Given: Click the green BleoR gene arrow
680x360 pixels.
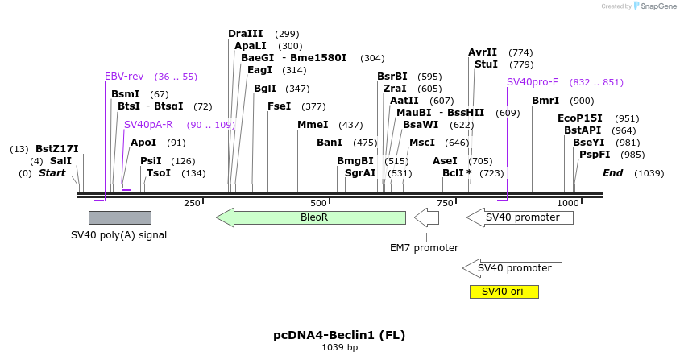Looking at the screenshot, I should click(x=311, y=217).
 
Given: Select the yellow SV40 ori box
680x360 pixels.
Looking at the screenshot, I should click(x=504, y=292).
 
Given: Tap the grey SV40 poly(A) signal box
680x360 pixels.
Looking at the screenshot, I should click(x=119, y=217).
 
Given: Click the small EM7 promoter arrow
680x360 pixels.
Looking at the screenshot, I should click(x=426, y=217).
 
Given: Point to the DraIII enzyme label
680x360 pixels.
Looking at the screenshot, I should click(x=245, y=34).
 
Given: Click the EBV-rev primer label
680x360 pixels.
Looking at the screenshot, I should click(x=124, y=77).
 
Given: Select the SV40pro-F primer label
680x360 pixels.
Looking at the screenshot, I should click(x=533, y=82).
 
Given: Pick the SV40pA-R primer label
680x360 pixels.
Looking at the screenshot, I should click(x=148, y=125).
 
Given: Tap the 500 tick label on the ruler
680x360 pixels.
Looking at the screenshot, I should click(x=319, y=203).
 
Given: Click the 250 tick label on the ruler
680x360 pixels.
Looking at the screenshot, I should click(x=192, y=203).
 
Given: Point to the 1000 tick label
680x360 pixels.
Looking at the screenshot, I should click(x=568, y=203).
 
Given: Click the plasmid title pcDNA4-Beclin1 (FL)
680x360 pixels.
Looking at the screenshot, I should click(x=339, y=335).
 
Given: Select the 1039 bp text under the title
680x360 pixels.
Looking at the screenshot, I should click(x=339, y=348).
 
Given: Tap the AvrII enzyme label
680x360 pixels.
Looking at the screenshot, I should click(x=483, y=52).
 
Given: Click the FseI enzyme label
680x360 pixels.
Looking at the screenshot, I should click(x=279, y=106).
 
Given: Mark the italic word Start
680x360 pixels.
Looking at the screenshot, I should click(x=52, y=173).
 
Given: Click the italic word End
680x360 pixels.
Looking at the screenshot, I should click(x=612, y=173).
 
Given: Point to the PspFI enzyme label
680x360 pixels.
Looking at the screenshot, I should click(x=595, y=155).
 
